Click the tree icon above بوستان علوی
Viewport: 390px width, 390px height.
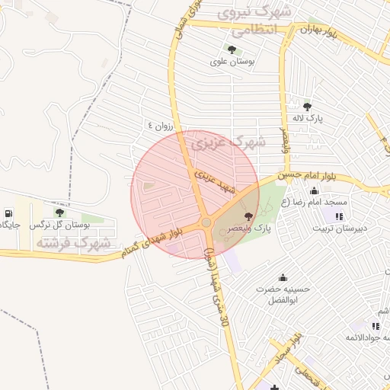pos(232,50)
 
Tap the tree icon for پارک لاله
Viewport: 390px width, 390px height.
pos(307,106)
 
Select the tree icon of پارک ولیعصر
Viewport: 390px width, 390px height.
pos(248,217)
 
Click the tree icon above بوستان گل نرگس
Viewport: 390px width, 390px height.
pos(59,213)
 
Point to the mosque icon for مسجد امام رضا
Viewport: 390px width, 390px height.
pos(314,190)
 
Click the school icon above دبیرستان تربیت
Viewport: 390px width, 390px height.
pos(339,216)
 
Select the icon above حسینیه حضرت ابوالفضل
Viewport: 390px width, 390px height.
pos(283,277)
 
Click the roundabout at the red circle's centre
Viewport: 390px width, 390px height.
pos(206,222)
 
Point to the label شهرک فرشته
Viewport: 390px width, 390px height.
pos(73,243)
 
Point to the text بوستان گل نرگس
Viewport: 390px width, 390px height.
pos(60,225)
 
